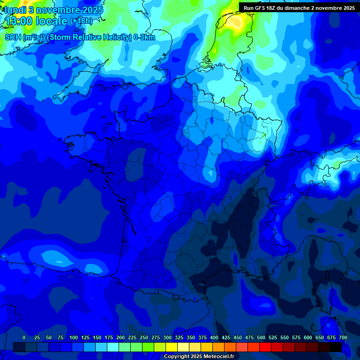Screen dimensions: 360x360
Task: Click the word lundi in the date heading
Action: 15,10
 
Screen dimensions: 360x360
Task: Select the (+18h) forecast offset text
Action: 81,21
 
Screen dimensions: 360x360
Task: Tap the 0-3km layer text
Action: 144,37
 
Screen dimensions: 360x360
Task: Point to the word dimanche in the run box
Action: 302,8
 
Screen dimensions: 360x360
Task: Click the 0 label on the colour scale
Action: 24,337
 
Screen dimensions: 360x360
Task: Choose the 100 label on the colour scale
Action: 74,337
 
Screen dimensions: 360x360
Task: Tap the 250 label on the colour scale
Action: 144,337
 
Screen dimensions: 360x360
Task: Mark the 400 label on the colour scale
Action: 214,337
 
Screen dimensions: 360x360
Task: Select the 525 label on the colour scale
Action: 273,337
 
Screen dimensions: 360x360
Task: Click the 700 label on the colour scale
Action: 343,337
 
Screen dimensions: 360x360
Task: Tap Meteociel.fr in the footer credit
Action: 220,356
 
